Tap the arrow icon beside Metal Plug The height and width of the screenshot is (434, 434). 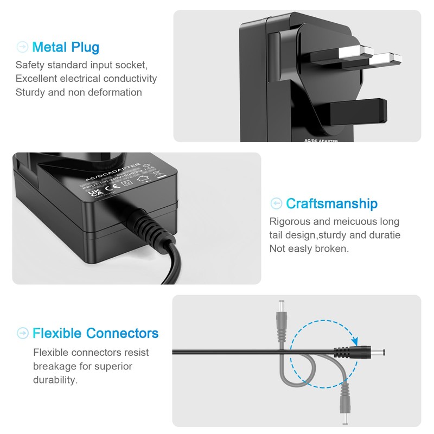(22, 47)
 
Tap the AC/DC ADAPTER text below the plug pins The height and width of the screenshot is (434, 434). (318, 141)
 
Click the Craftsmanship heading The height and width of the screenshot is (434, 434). (331, 204)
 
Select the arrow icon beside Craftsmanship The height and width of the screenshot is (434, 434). (276, 204)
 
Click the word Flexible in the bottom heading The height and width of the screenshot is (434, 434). (56, 333)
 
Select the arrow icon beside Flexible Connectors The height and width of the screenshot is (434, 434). (22, 333)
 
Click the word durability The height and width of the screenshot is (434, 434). (55, 380)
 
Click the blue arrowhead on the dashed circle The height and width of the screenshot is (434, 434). (355, 340)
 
